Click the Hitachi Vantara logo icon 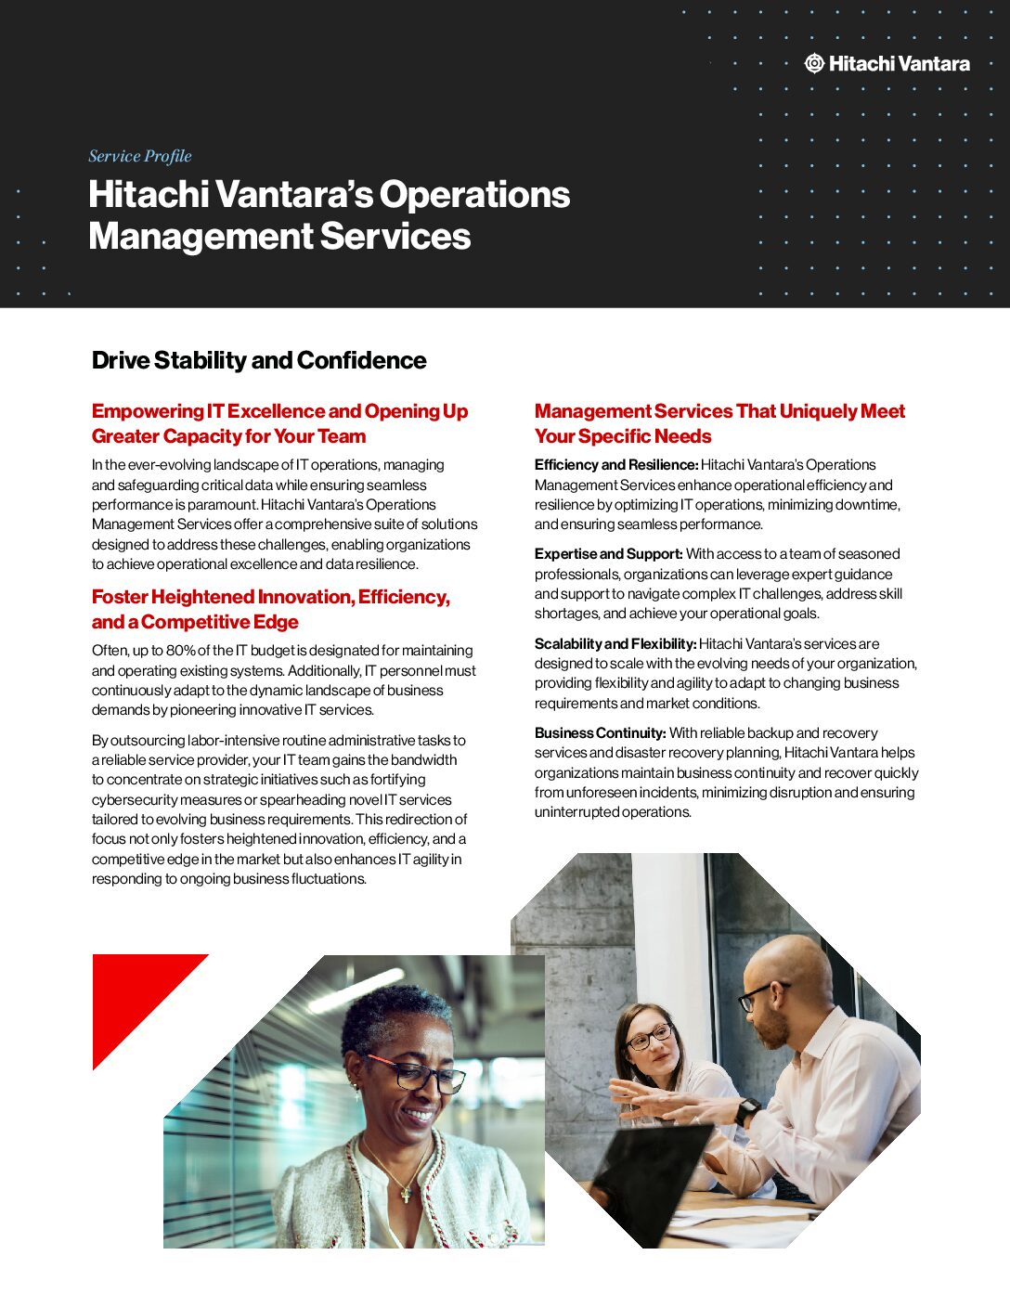(814, 63)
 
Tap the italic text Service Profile (140, 156)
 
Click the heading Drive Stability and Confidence (259, 360)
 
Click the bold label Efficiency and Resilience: (616, 465)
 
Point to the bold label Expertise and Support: (608, 554)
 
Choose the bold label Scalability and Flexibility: (615, 644)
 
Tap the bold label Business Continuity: (600, 733)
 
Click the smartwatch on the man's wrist (746, 1111)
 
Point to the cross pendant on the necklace (405, 1196)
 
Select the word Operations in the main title (474, 195)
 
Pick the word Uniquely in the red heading (824, 411)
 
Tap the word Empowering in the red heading (148, 411)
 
